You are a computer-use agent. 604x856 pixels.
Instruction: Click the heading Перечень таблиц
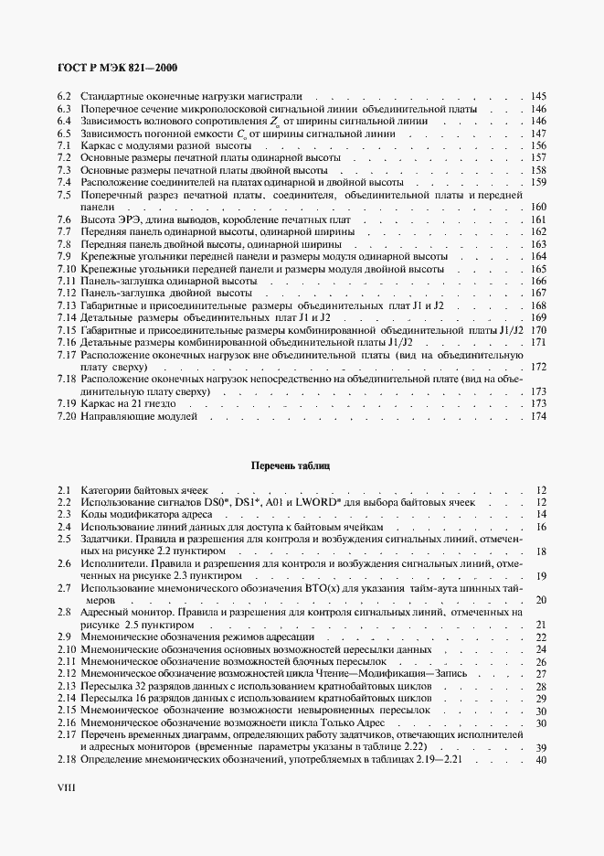pyautogui.click(x=291, y=465)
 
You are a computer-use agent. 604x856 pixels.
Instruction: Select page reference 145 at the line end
pyautogui.click(x=537, y=96)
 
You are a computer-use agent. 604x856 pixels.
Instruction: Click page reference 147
pyautogui.click(x=537, y=134)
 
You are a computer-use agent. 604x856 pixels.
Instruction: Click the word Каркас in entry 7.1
pyautogui.click(x=98, y=146)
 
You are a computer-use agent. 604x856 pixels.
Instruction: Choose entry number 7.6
pyautogui.click(x=64, y=220)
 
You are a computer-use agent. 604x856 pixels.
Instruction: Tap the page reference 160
pyautogui.click(x=537, y=208)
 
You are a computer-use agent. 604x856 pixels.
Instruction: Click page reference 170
pyautogui.click(x=537, y=330)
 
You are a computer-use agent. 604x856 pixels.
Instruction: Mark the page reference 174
pyautogui.click(x=537, y=416)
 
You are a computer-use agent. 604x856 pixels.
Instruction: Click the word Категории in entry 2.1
pyautogui.click(x=107, y=490)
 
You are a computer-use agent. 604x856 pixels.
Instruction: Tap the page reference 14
pyautogui.click(x=540, y=515)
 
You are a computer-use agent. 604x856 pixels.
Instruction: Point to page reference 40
pyautogui.click(x=540, y=760)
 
